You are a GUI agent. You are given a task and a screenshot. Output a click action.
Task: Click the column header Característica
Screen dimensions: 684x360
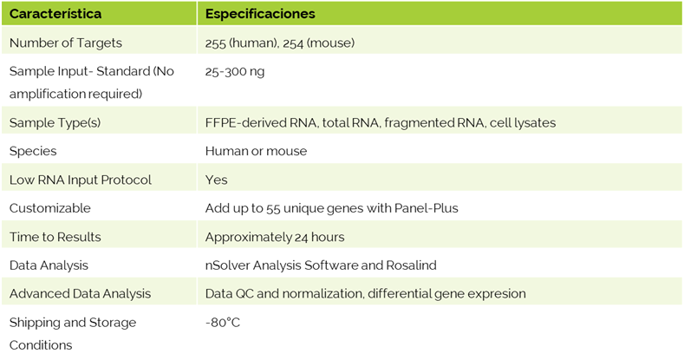(x=55, y=14)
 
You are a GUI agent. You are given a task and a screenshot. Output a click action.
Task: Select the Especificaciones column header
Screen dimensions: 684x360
(x=260, y=14)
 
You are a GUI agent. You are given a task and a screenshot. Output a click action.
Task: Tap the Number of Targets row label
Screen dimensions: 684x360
(x=65, y=43)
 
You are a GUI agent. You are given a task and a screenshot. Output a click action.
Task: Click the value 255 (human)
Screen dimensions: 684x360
(x=241, y=43)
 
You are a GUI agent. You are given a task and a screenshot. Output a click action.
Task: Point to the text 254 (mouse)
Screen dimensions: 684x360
(x=318, y=43)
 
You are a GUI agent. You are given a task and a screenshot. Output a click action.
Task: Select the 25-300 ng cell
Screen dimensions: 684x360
(x=235, y=71)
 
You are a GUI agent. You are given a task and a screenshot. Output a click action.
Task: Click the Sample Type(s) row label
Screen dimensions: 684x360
(x=55, y=122)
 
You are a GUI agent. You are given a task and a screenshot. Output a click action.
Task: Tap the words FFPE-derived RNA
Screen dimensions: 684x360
(x=261, y=122)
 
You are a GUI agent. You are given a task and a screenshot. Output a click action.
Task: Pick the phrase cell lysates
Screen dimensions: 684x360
(x=523, y=122)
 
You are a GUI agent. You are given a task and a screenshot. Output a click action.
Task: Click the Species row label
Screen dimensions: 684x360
(x=33, y=151)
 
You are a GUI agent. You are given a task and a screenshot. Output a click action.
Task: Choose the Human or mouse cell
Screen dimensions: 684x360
(x=256, y=151)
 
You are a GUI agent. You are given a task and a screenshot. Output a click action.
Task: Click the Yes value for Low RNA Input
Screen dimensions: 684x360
(x=217, y=180)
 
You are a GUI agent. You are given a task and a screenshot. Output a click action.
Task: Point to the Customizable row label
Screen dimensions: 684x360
(x=49, y=208)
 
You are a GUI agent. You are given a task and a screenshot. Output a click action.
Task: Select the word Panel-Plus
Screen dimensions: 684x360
(x=427, y=208)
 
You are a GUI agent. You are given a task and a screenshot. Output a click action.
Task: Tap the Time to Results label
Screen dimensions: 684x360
(x=55, y=237)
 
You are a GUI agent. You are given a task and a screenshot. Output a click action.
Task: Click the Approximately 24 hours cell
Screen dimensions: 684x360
(x=275, y=237)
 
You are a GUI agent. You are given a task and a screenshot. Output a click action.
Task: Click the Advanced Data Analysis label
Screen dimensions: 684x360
(x=81, y=294)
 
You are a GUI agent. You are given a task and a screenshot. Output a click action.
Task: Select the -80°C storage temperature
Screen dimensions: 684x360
(x=223, y=323)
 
